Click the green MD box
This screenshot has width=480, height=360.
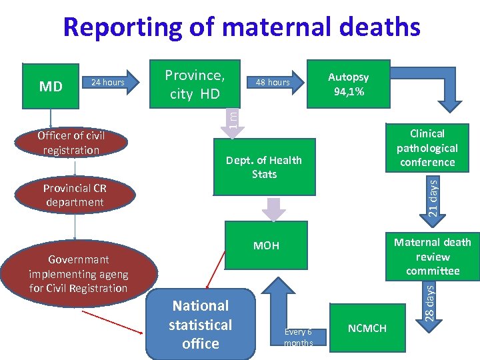(x=51, y=86)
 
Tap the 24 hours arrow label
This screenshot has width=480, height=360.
(x=108, y=83)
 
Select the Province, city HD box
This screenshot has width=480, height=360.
(x=194, y=85)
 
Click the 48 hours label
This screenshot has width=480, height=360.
(x=273, y=83)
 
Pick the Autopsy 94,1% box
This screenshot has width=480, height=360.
(x=347, y=85)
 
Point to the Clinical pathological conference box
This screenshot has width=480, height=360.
(x=427, y=148)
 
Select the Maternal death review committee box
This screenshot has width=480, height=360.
(x=433, y=257)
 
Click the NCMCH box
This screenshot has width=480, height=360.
(x=367, y=328)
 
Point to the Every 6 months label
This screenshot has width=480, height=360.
(x=297, y=337)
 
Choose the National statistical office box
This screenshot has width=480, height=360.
(x=200, y=325)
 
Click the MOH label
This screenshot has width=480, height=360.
(x=266, y=246)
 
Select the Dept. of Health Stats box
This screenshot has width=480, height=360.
(x=264, y=167)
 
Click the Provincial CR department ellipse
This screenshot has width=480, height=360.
(x=75, y=195)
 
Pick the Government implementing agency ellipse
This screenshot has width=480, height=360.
(x=78, y=274)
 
